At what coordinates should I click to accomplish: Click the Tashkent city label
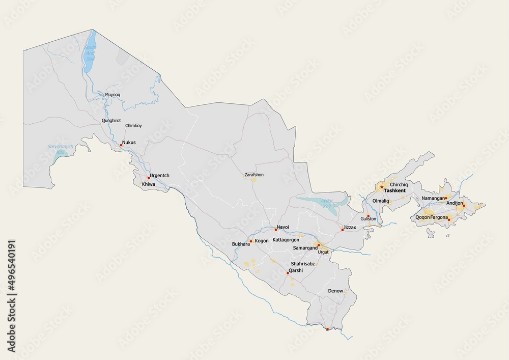394,190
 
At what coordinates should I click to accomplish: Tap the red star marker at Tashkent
382,187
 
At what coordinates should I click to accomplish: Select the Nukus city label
128,143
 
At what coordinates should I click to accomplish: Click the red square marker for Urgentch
149,178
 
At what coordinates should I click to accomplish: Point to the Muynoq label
112,95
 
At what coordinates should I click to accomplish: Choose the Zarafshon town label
254,175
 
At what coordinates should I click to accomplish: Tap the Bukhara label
241,244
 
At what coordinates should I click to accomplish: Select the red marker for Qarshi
288,273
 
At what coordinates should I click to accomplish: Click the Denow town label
335,291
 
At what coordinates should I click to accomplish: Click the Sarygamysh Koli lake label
61,149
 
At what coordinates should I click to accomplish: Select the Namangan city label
433,198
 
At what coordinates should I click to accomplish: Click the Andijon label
455,203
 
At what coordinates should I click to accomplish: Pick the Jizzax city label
350,227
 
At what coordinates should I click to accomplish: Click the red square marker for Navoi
275,230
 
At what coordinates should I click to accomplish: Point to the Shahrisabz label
302,264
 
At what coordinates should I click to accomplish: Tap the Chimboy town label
133,125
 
